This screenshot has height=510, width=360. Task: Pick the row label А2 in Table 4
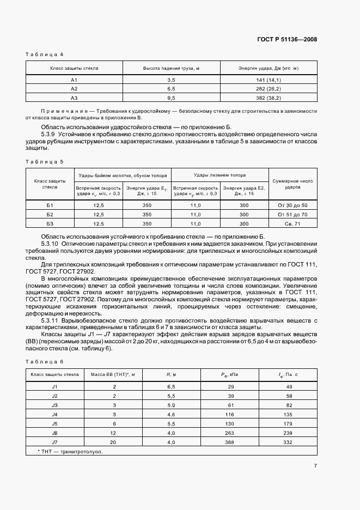coord(75,88)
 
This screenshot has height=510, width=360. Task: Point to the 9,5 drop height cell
coord(170,98)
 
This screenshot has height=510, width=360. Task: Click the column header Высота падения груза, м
coord(170,69)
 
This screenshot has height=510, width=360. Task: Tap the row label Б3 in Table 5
coord(50,223)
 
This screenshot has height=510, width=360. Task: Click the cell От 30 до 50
coord(292,205)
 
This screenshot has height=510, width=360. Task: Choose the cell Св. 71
coord(292,223)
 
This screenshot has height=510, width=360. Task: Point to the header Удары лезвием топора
coord(219,175)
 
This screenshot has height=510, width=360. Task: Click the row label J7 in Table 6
coord(54,442)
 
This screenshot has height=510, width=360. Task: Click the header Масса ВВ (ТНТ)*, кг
coord(115,374)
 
